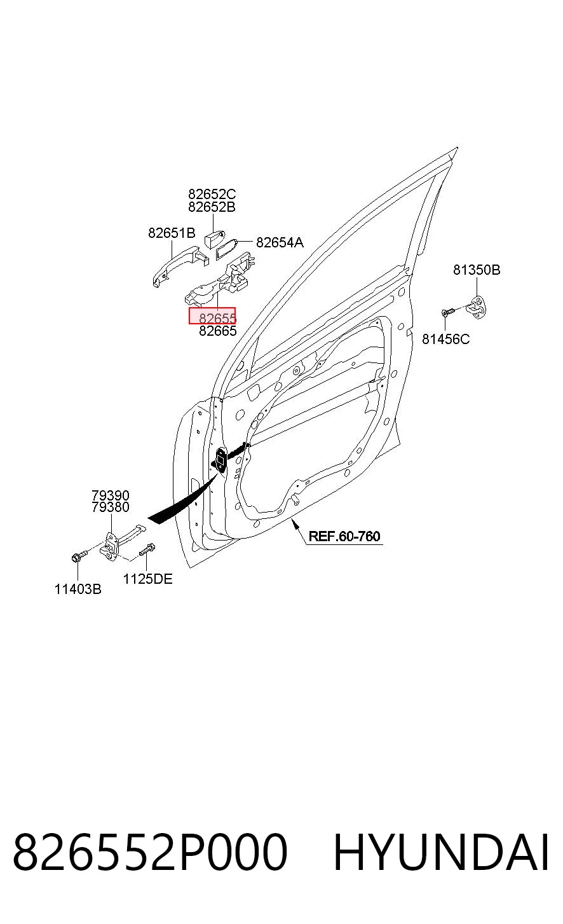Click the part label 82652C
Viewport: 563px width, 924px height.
coord(212,194)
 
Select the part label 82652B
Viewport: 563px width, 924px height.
coord(212,207)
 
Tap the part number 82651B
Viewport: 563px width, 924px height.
coord(172,233)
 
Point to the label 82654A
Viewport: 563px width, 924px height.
coord(280,242)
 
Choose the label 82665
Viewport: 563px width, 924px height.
coord(217,331)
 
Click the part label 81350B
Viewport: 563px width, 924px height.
coord(477,270)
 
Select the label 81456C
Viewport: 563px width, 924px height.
coord(445,339)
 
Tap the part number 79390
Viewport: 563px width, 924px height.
coord(111,495)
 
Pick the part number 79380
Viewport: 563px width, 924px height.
coord(111,507)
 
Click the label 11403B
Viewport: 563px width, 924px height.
coord(78,589)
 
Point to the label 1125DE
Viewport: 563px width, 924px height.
coord(147,579)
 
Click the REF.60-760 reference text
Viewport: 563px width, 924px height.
coord(344,536)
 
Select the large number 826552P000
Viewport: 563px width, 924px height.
coord(150,852)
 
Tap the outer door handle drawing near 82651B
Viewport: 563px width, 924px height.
coord(180,264)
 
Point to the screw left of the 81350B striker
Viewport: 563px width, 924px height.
coord(449,312)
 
